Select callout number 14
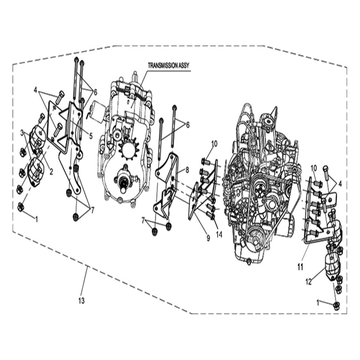coord(219,234)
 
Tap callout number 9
coord(208,238)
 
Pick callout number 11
coord(300,267)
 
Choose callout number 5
coord(91,136)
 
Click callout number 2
coord(51,172)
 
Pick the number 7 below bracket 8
coord(143,220)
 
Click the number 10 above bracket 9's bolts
coord(215,144)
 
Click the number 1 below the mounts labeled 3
coord(36,219)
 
